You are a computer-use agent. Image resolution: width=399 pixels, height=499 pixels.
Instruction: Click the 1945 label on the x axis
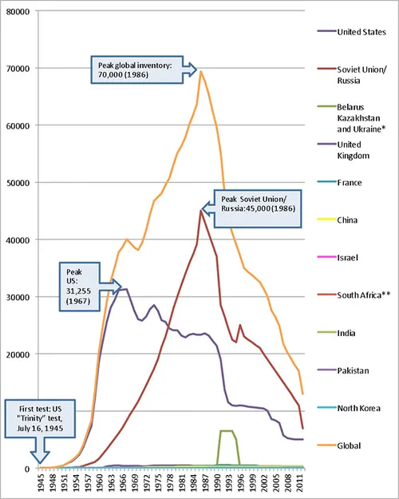pos(41,484)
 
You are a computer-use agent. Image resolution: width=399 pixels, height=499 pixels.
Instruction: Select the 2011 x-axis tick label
pos(298,484)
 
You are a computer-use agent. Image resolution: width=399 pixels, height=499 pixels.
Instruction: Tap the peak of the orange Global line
pos(200,71)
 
